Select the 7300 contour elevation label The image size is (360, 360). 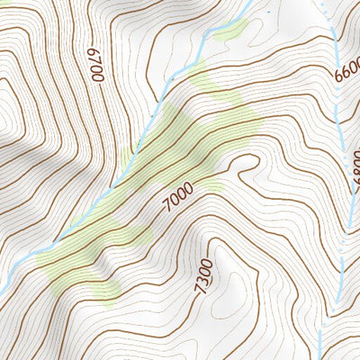pyautogui.click(x=205, y=274)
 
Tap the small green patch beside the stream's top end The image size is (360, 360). pyautogui.click(x=230, y=31)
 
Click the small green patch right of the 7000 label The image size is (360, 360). pyautogui.click(x=212, y=186)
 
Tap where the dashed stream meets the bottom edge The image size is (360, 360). pyautogui.click(x=318, y=357)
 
